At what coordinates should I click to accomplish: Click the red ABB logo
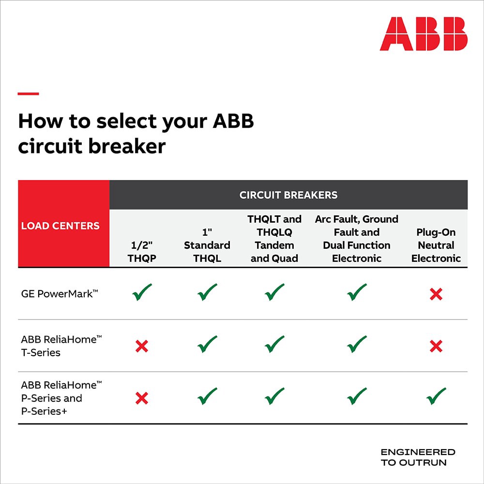coord(423,34)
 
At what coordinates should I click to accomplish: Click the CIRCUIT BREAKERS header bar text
coord(288,195)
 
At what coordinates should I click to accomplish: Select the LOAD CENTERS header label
coord(60,226)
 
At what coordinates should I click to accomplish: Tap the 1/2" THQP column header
coord(142,252)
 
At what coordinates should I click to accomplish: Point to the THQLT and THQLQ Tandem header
coord(274,239)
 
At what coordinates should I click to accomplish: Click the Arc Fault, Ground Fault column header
coord(357,239)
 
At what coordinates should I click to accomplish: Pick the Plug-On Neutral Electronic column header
coord(436,245)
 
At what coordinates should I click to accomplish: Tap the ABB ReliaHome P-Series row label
coord(61,398)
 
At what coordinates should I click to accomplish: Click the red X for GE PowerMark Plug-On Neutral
coord(436,294)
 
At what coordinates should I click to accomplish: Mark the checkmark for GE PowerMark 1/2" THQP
coord(142,292)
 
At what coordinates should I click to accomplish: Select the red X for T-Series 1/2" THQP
coord(142,346)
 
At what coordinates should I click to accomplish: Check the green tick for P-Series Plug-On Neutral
coord(436,397)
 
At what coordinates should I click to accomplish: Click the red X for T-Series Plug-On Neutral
coord(436,346)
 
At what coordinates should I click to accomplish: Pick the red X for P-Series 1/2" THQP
coord(142,398)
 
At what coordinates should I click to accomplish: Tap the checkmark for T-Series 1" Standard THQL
coord(207,345)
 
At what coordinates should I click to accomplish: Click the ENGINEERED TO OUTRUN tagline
coord(418,457)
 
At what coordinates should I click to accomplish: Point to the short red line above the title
coord(28,93)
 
